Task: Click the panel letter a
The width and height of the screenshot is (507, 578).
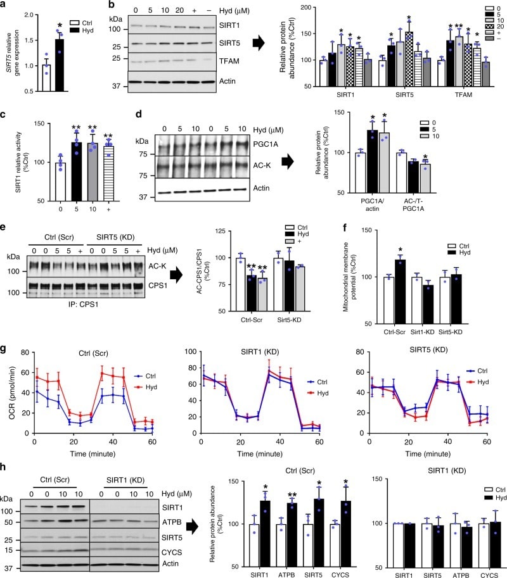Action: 4,5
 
